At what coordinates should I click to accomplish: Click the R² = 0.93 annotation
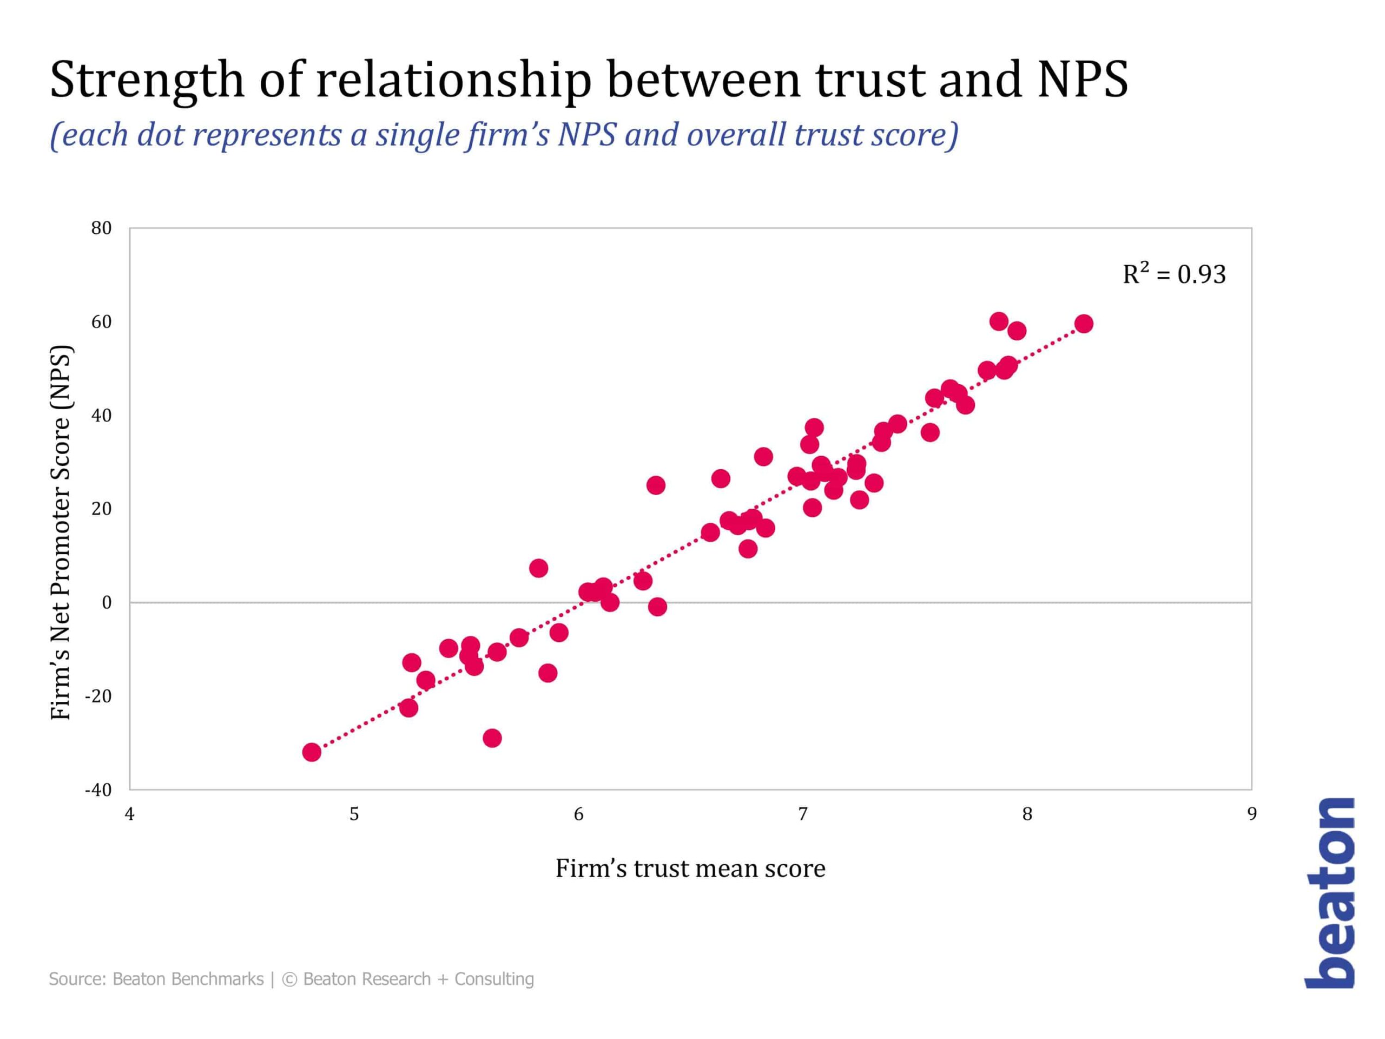pyautogui.click(x=1173, y=274)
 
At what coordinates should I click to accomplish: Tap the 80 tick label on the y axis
pyautogui.click(x=101, y=228)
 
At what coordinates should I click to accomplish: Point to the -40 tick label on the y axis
pyautogui.click(x=98, y=790)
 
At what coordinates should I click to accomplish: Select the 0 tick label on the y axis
pyautogui.click(x=107, y=602)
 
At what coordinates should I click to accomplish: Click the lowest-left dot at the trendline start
pyautogui.click(x=312, y=752)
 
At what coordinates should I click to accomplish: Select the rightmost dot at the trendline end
pyautogui.click(x=1084, y=324)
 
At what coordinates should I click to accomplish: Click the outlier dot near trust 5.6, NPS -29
pyautogui.click(x=492, y=738)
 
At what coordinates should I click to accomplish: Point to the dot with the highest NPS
pyautogui.click(x=999, y=321)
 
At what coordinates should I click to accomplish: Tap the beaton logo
pyautogui.click(x=1330, y=893)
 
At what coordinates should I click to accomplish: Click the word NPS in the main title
pyautogui.click(x=1083, y=80)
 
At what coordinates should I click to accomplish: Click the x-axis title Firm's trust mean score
pyautogui.click(x=690, y=868)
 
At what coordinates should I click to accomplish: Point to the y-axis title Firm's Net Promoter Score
pyautogui.click(x=61, y=532)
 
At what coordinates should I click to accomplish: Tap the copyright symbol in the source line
pyautogui.click(x=289, y=979)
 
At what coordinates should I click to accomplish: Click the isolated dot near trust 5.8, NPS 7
pyautogui.click(x=538, y=568)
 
